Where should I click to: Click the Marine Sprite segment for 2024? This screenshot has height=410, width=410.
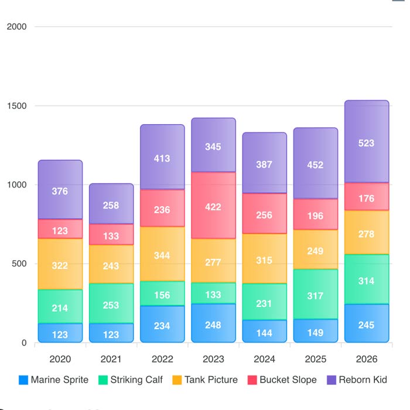[x=264, y=331]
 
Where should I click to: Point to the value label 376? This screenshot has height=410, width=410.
[x=60, y=191]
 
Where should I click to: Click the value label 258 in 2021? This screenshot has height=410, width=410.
[x=111, y=206]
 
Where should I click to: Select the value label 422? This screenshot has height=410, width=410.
[x=213, y=206]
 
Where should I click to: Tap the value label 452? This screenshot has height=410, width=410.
[x=315, y=165]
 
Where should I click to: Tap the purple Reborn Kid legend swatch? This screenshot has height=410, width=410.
[x=332, y=380]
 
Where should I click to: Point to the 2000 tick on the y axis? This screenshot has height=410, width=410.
[x=16, y=27]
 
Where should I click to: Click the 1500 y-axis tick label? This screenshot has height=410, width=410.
[x=16, y=106]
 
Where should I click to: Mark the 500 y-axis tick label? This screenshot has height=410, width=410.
[x=19, y=264]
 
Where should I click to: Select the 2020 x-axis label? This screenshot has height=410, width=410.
[x=60, y=358]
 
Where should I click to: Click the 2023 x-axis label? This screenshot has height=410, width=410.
[x=213, y=358]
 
